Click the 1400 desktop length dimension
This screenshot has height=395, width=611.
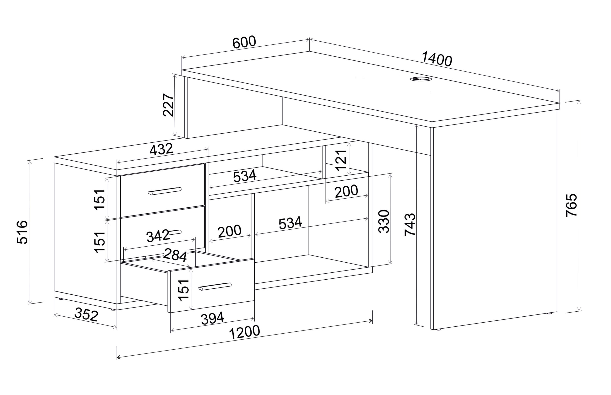437,59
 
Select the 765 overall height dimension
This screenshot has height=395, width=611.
572,205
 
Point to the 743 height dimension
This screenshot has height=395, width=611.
410,224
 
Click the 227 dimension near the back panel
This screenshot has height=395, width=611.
169,105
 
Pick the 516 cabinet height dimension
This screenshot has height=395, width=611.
22,232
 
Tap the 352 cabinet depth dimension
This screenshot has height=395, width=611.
86,315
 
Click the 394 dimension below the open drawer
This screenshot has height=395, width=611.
213,318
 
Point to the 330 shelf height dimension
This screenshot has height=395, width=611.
384,221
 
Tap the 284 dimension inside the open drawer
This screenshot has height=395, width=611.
175,254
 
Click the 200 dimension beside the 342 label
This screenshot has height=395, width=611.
230,231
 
